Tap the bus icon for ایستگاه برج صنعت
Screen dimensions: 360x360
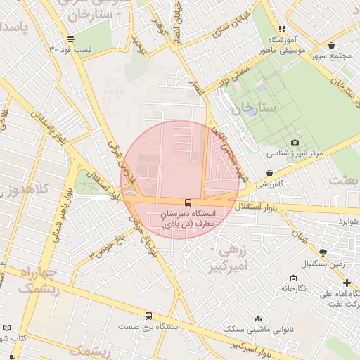click(x=148, y=316)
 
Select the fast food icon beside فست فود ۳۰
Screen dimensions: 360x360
click(x=69, y=39)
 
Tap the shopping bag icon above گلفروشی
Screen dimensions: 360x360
click(x=270, y=173)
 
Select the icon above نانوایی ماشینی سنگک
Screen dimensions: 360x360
click(x=259, y=319)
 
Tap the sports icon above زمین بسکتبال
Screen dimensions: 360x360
click(x=323, y=252)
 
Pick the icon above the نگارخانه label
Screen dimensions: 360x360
click(x=294, y=278)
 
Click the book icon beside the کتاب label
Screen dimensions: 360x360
click(x=7, y=328)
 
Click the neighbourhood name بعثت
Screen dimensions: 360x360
click(x=345, y=181)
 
